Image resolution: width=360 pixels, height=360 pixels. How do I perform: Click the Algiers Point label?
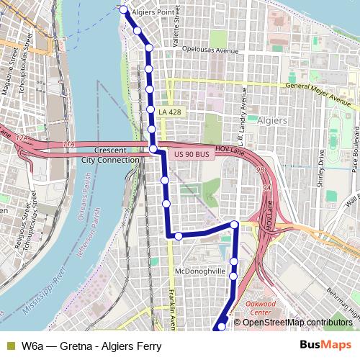click(x=153, y=12)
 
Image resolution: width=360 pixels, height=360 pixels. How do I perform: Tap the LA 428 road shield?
click(x=170, y=112)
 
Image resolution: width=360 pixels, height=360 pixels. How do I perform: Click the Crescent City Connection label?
click(x=110, y=156)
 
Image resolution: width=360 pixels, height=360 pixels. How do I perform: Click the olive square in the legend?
click(x=9, y=346)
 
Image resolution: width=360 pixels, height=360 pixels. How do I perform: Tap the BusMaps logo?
click(x=325, y=345)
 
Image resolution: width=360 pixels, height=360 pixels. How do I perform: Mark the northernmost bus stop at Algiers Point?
click(x=123, y=10)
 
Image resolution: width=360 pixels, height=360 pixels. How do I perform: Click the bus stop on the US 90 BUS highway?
click(x=153, y=148)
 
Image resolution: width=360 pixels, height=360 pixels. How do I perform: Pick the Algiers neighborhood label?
click(x=272, y=120)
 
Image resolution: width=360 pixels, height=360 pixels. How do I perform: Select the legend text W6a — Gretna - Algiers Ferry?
click(x=91, y=346)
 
